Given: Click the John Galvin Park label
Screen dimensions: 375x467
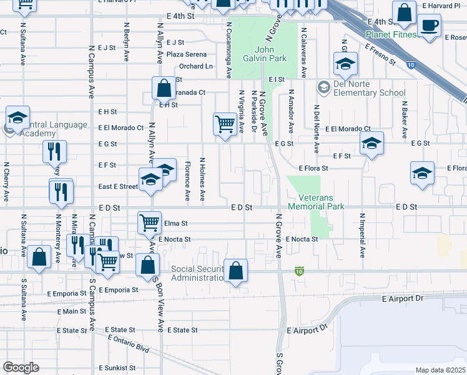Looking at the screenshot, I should coord(271,54).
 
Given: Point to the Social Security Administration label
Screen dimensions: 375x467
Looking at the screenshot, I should coord(197,273).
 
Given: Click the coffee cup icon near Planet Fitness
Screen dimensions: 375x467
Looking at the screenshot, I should coord(429,27).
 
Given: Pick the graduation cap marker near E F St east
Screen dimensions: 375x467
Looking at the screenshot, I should coord(371,144).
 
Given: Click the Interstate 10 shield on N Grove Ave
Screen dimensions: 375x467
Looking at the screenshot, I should coord(300,271).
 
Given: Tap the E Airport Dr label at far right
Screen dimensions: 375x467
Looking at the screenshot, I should coord(401,299).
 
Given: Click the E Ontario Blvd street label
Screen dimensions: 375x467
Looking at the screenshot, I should coord(128,343).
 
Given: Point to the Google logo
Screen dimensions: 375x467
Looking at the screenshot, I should coord(21,367).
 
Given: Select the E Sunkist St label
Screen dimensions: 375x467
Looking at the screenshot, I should coord(117,368).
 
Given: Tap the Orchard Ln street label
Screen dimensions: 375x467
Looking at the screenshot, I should coord(195,66).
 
